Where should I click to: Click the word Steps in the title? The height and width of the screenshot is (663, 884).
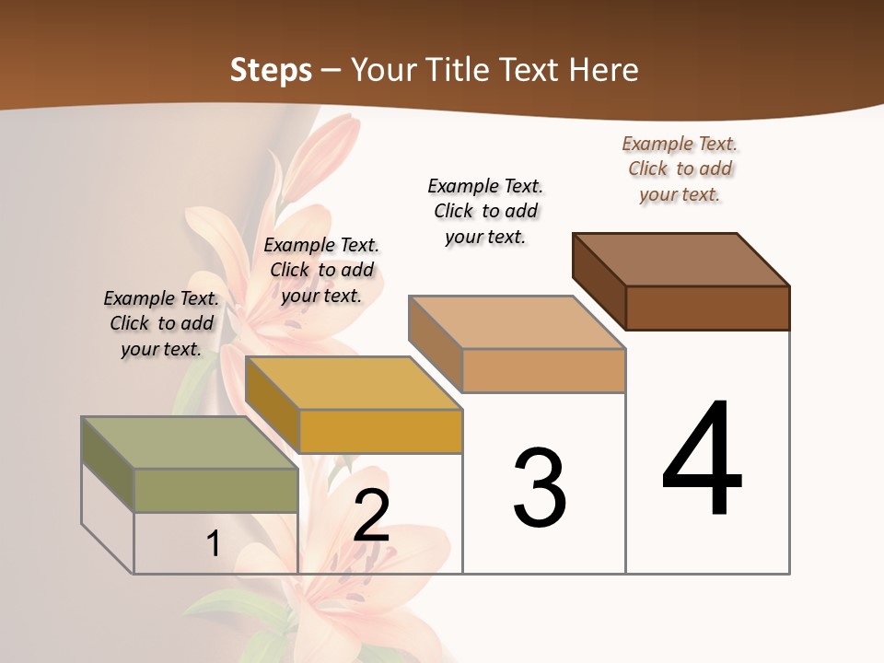[271, 70]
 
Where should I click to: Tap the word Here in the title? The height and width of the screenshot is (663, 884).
[605, 70]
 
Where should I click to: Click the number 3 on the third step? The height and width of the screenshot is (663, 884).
[540, 488]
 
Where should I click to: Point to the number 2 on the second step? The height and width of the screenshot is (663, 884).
[371, 517]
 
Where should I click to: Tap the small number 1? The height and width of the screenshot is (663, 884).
[213, 544]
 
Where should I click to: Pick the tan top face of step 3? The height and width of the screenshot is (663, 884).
[517, 322]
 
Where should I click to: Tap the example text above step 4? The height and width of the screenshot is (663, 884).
[680, 169]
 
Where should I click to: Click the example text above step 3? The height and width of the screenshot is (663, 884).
[485, 211]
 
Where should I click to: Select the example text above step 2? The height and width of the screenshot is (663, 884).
[321, 270]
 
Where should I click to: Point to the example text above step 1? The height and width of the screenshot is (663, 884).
[161, 323]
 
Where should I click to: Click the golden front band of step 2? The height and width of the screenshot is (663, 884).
[380, 431]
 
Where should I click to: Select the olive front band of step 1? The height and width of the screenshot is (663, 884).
[215, 490]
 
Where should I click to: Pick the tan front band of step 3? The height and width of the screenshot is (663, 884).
[543, 370]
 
